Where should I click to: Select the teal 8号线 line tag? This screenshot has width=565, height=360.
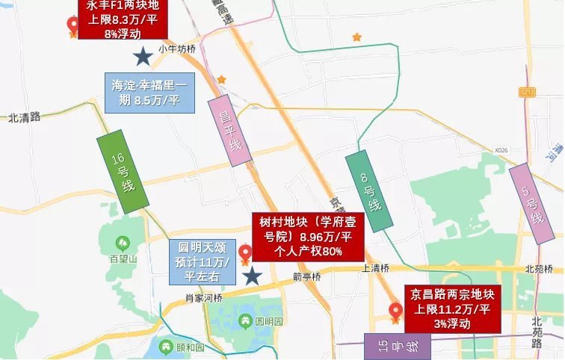[369, 189]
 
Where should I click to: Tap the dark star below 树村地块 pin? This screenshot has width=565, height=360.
[253, 276]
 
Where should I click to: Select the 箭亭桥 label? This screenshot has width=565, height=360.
[306, 276]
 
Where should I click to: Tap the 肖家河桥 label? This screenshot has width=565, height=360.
[203, 297]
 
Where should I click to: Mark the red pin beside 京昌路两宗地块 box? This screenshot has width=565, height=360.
[395, 312]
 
